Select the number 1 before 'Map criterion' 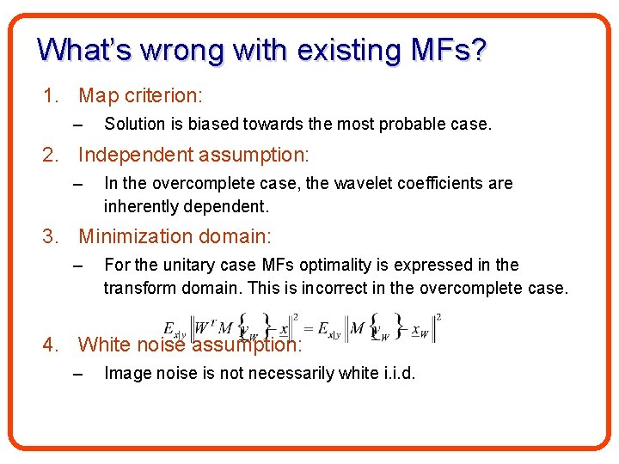(x=50, y=95)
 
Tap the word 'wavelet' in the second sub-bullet (x=328, y=183)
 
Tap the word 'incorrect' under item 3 (x=337, y=288)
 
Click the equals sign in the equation (x=310, y=327)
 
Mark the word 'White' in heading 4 (x=105, y=345)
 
